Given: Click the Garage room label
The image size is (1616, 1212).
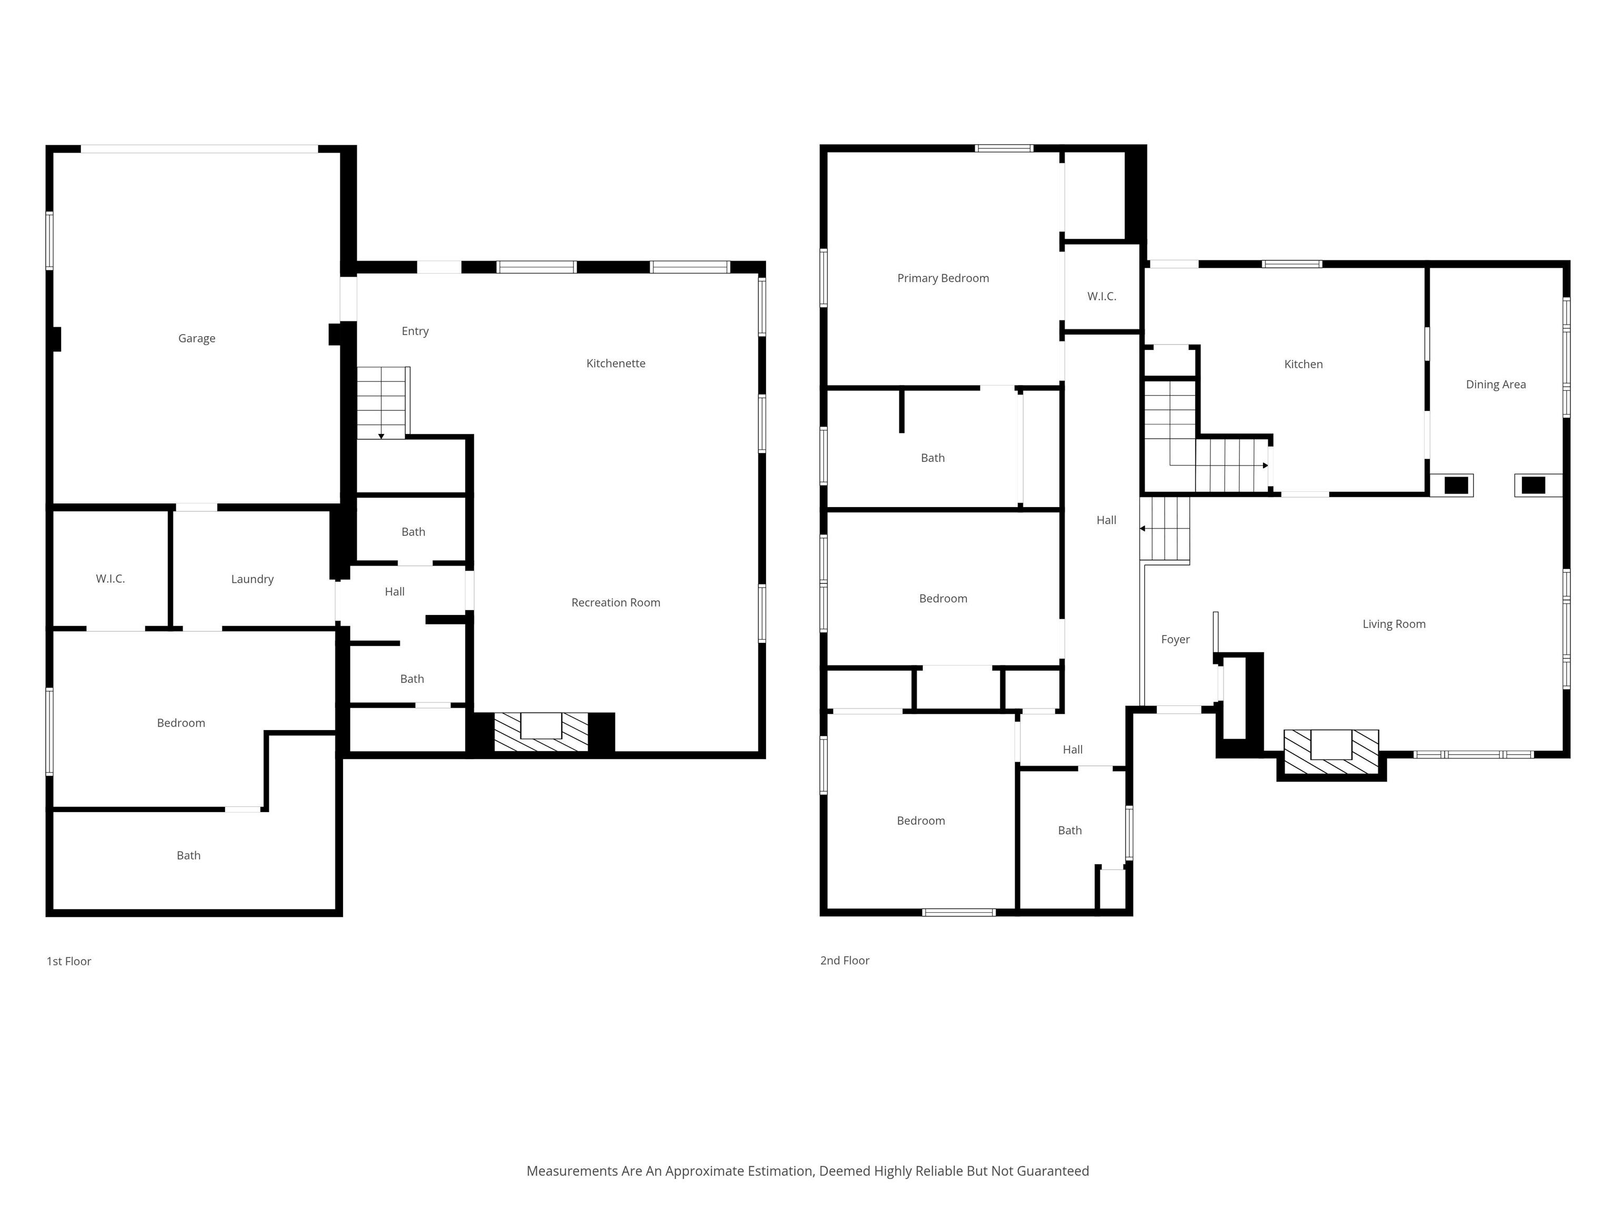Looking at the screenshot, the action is (197, 338).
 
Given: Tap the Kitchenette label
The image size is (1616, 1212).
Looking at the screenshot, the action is (616, 363).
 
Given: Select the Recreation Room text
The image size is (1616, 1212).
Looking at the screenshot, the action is (616, 603).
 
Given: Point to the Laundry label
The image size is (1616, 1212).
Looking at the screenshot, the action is (252, 579).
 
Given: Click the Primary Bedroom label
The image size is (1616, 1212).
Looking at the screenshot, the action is (943, 278).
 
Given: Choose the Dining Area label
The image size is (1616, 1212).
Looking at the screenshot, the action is (1496, 385).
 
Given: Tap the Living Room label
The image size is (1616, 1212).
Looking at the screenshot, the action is (1394, 624).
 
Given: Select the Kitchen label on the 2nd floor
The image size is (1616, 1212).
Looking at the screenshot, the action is (1304, 365).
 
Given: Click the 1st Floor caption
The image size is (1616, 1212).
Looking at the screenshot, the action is (69, 962).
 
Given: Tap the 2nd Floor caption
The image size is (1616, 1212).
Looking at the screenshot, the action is (844, 961).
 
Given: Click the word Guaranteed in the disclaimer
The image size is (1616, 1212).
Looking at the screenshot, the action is (1052, 1171).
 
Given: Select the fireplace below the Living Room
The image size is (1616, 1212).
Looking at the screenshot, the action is (1331, 752).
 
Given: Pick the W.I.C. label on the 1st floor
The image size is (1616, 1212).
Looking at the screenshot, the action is (110, 579).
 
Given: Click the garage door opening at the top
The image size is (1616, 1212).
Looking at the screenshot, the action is (199, 149).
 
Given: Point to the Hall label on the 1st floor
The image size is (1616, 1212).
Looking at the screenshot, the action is (395, 592).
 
